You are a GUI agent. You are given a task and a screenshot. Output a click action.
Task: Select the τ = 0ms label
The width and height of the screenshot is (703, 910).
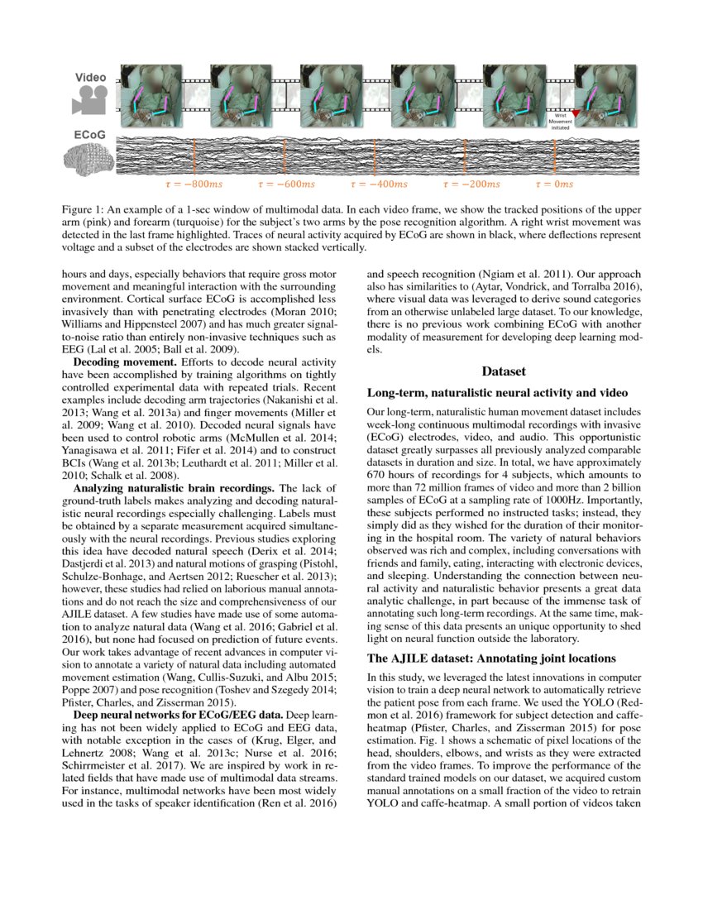click(554, 184)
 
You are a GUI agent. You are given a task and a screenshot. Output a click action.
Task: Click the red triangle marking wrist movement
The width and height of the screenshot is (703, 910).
click(576, 121)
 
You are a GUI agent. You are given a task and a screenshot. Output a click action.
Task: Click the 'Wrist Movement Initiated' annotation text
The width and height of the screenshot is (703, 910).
click(559, 122)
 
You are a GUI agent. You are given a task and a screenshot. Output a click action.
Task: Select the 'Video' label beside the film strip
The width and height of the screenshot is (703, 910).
click(91, 77)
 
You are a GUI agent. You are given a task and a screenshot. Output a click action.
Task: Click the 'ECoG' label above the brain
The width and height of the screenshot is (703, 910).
click(89, 133)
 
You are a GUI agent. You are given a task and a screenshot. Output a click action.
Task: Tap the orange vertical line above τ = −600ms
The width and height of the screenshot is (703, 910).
click(285, 156)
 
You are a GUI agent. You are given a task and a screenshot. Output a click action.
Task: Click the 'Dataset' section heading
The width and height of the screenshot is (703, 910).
click(504, 371)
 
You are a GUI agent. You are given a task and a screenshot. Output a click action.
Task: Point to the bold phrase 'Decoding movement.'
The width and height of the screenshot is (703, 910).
click(122, 362)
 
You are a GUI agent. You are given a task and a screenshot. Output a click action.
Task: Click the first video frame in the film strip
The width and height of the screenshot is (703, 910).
click(150, 90)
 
